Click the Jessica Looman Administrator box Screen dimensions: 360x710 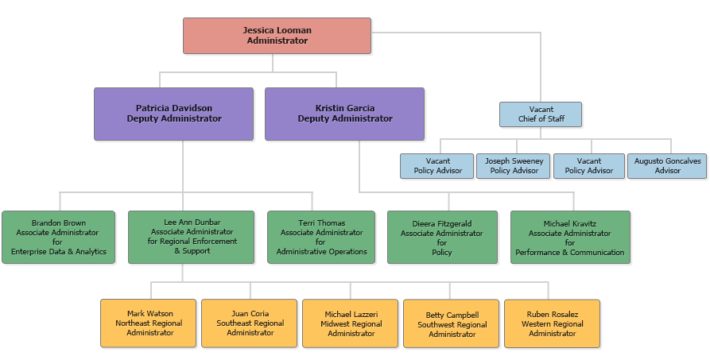[x=277, y=36]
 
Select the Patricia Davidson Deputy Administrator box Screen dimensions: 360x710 [x=173, y=114]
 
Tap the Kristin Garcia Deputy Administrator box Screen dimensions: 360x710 [x=344, y=114]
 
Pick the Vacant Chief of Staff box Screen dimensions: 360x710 [x=541, y=114]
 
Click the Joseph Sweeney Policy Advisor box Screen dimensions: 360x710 [x=514, y=165]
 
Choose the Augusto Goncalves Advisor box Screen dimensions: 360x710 [x=667, y=165]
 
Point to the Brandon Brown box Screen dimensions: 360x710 [x=59, y=237]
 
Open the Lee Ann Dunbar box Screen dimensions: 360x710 [x=191, y=237]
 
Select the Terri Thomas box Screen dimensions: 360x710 [x=321, y=237]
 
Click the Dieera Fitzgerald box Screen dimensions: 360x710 [x=442, y=237]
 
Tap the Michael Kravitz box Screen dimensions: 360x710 [x=570, y=237]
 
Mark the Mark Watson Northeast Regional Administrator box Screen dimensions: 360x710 [x=149, y=323]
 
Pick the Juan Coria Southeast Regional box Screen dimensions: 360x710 [x=250, y=323]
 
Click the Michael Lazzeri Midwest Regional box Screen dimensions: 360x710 [x=351, y=323]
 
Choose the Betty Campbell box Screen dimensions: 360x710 [x=452, y=323]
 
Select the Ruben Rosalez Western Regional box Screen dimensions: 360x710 [x=552, y=323]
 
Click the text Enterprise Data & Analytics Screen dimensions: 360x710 [x=59, y=252]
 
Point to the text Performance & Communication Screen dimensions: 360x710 [x=570, y=253]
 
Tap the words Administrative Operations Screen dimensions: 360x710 [x=321, y=252]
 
